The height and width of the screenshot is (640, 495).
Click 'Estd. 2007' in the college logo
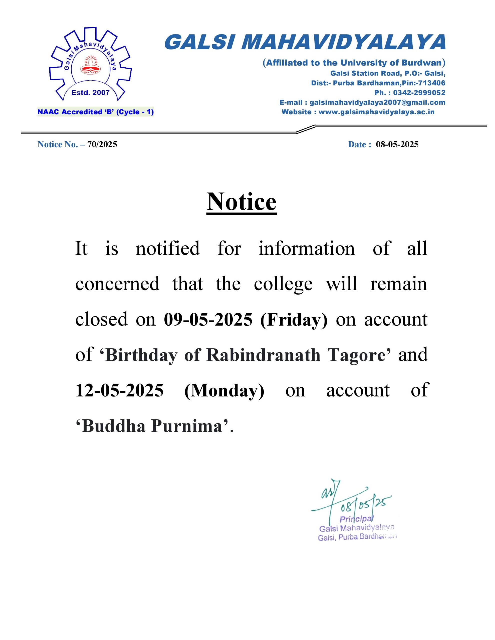pyautogui.click(x=90, y=93)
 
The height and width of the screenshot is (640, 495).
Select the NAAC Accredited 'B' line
pyautogui.click(x=95, y=112)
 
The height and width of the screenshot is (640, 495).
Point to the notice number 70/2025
pyautogui.click(x=102, y=144)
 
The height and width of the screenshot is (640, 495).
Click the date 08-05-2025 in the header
pyautogui.click(x=397, y=144)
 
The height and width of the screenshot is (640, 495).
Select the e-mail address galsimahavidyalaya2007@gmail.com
pyautogui.click(x=377, y=102)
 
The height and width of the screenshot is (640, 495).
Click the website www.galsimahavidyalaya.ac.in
pyautogui.click(x=376, y=112)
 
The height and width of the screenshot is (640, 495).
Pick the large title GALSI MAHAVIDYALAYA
pyautogui.click(x=305, y=42)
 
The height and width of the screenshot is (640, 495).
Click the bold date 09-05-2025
pyautogui.click(x=208, y=319)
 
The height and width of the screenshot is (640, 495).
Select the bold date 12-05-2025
pyautogui.click(x=119, y=390)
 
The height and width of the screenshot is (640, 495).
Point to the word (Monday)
pyautogui.click(x=224, y=391)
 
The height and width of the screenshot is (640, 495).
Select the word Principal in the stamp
pyautogui.click(x=356, y=519)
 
